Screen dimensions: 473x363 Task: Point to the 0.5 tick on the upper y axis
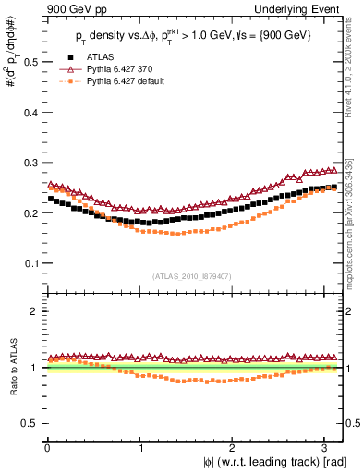pos(29,62)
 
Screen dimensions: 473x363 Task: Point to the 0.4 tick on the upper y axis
pos(29,113)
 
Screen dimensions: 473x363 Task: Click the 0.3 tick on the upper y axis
pos(29,163)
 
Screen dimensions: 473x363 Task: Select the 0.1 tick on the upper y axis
pos(29,263)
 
